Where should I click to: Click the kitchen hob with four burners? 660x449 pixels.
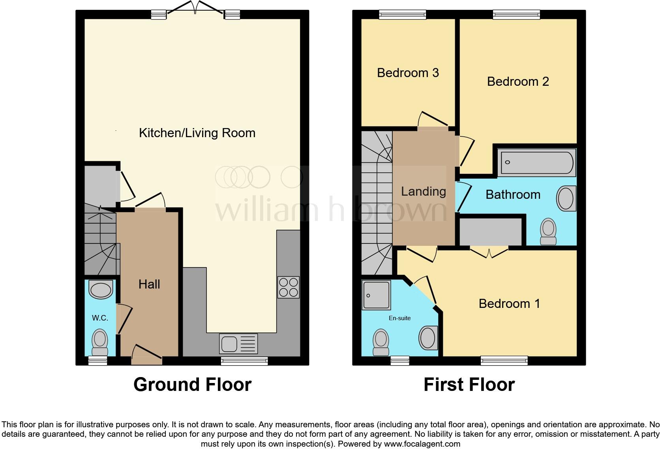289,287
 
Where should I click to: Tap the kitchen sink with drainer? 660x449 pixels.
238,343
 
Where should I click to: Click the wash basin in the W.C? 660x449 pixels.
101,290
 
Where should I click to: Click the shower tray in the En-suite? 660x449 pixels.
376,295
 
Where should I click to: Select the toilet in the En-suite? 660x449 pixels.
381,342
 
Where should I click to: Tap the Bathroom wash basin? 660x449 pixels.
566,198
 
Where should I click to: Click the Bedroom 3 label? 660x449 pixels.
408,73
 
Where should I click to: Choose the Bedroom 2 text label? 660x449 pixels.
518,81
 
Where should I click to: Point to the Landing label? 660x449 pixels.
423,191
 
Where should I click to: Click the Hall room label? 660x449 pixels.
149,284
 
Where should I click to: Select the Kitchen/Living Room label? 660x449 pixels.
197,133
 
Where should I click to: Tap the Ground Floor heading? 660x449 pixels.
192,384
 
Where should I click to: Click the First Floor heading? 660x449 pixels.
469,384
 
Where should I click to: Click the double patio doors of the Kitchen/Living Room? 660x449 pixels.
195,9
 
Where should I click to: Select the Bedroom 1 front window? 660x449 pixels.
504,360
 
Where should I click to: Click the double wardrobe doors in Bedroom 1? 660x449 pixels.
489,253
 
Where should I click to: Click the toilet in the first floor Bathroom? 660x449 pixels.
548,232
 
